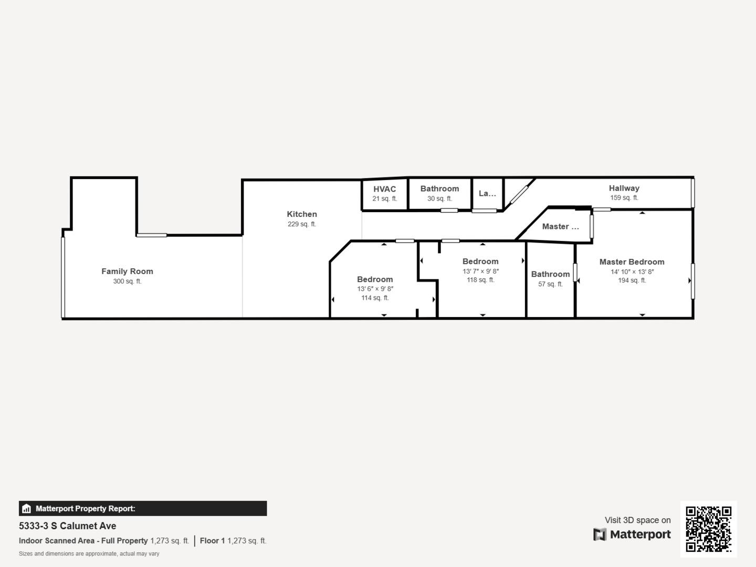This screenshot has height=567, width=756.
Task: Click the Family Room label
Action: (x=127, y=271)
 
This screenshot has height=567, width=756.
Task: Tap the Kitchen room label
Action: (x=302, y=214)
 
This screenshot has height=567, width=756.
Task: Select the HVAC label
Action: (x=384, y=189)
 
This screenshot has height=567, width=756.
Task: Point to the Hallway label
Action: (x=624, y=188)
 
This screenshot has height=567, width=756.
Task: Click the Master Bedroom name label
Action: (x=632, y=262)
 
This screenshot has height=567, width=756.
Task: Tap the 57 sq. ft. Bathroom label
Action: (x=550, y=275)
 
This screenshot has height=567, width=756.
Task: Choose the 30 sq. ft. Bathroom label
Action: (x=439, y=188)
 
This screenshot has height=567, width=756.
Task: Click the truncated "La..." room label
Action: (x=487, y=194)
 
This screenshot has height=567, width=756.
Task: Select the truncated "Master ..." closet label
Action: (x=560, y=226)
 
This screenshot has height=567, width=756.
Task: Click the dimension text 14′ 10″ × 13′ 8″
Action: (x=632, y=271)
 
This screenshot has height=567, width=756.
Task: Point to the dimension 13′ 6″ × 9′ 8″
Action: (x=375, y=289)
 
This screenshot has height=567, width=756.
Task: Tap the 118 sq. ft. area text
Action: (x=480, y=280)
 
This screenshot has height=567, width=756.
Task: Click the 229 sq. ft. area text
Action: (x=302, y=224)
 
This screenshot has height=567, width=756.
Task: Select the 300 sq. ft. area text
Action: (x=127, y=281)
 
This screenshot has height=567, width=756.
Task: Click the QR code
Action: (x=708, y=529)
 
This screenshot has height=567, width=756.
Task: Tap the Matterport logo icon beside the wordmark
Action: (x=600, y=534)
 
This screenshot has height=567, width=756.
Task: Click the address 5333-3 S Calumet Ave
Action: (x=68, y=526)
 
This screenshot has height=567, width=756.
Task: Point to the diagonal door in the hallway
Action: (x=519, y=195)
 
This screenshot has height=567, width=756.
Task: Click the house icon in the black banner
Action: (x=26, y=509)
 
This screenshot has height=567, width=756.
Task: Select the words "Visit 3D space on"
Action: (x=637, y=520)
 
